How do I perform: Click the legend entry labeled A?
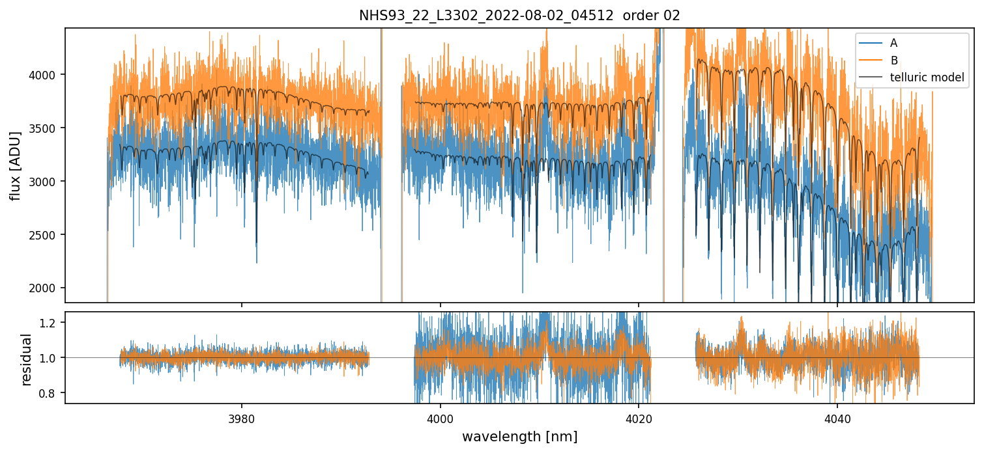pyautogui.click(x=893, y=43)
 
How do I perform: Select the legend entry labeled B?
pyautogui.click(x=894, y=61)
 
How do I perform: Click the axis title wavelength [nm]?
pyautogui.click(x=519, y=437)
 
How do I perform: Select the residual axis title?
pyautogui.click(x=27, y=359)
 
